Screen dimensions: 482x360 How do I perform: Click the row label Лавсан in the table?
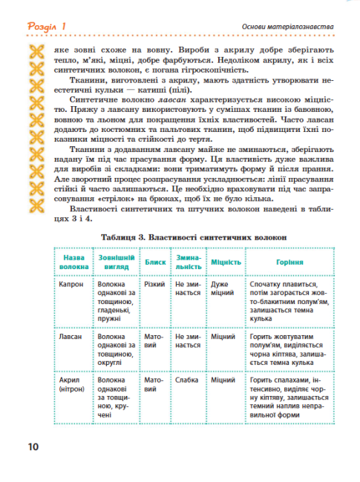point(71,336)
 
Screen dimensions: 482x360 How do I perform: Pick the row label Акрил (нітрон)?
point(72,383)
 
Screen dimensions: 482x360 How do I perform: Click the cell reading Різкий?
point(154,284)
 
